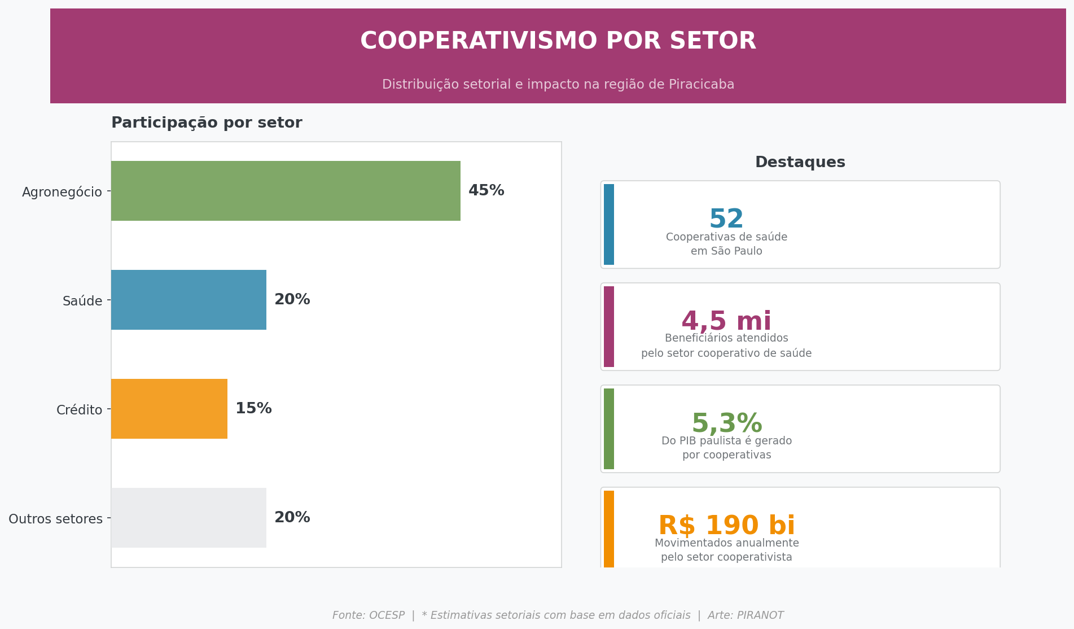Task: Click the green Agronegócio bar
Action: pos(286,191)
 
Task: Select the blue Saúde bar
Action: pos(189,300)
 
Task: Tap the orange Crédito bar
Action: pos(169,409)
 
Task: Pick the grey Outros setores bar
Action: pos(189,518)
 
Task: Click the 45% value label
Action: pos(486,191)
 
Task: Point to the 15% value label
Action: pos(253,409)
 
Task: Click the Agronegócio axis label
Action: pos(62,192)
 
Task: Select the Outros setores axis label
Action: pos(55,519)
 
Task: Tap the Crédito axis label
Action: pos(79,410)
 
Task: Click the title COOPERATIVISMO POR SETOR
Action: pos(558,41)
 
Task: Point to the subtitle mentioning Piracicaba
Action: pos(558,85)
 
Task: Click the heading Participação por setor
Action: pos(207,123)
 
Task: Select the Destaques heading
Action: pos(800,163)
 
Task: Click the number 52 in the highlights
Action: pos(726,219)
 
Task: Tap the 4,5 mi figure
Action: pos(726,321)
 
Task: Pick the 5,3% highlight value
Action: pos(726,423)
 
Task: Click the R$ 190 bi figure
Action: pos(726,526)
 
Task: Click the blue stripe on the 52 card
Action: pos(608,225)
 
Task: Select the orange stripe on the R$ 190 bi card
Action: pos(608,529)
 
